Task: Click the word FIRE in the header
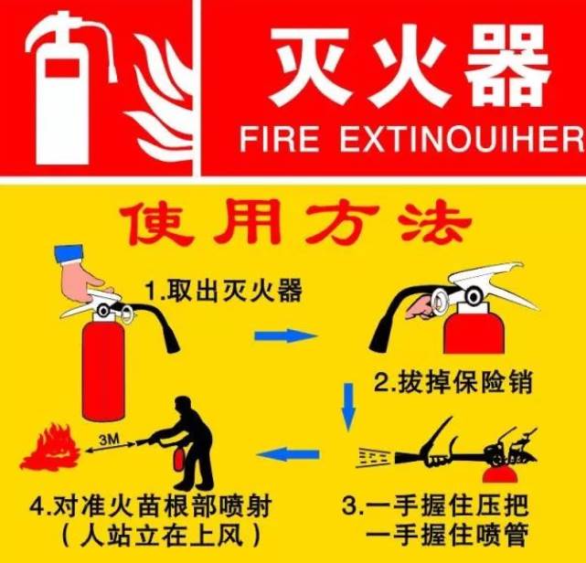[x=280, y=139]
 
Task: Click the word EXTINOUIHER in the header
[x=462, y=139]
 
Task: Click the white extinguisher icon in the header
[x=68, y=90]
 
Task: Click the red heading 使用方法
[x=295, y=222]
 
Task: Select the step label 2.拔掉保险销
[x=453, y=382]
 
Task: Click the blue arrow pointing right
[x=285, y=335]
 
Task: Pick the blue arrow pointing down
[x=348, y=407]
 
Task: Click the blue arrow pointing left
[x=288, y=454]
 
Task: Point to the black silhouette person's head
[x=184, y=406]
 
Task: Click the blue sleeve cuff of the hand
[x=69, y=254]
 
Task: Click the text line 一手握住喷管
[x=447, y=535]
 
